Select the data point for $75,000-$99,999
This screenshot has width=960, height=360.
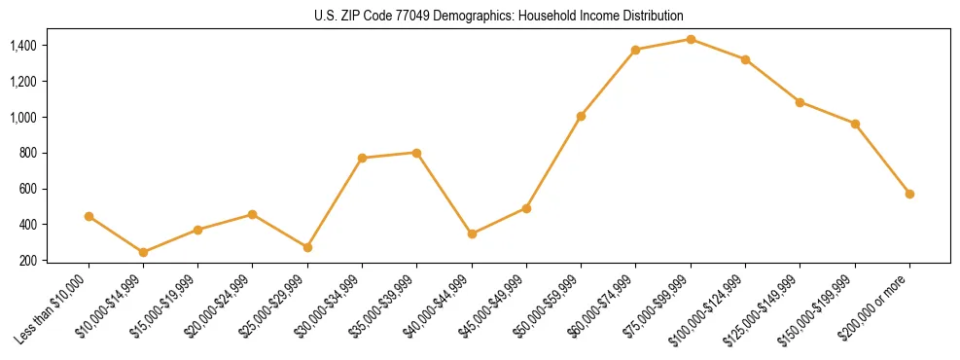pos(691,39)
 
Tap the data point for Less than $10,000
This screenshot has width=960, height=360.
pos(89,216)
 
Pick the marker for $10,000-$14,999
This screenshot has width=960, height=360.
pos(144,252)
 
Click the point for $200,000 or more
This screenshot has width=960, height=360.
pos(909,194)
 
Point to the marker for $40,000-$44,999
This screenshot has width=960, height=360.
pos(472,234)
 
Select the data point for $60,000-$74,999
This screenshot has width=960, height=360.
pos(636,50)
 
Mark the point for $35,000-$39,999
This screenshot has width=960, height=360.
pos(417,153)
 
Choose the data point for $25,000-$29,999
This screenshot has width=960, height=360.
pos(307,247)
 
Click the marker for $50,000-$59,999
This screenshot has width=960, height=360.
pos(581,116)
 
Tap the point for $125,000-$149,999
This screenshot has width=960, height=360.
pos(800,102)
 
